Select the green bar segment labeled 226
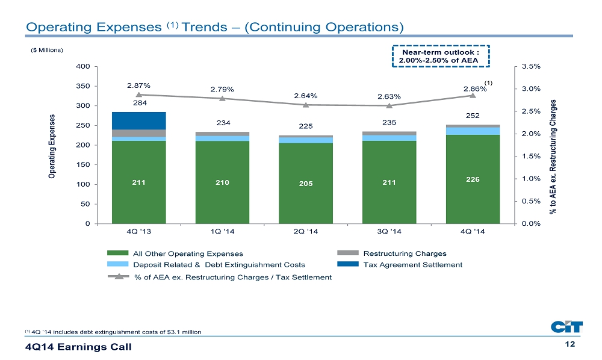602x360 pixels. (x=473, y=179)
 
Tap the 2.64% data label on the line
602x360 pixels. (x=306, y=96)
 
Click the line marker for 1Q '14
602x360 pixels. (x=222, y=99)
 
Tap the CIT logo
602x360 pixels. (x=566, y=327)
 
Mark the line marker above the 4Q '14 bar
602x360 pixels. (x=473, y=95)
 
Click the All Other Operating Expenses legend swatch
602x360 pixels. (x=118, y=253)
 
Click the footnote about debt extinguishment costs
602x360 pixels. (x=113, y=332)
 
